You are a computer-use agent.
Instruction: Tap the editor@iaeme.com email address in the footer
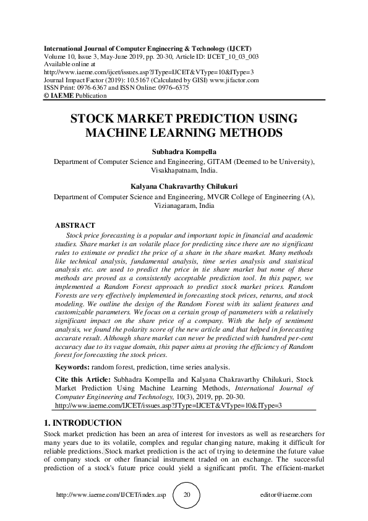(287, 496)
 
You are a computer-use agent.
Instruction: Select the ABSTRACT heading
(75, 225)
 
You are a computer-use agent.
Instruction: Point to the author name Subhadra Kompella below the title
(184, 152)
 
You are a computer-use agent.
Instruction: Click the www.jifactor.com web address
(237, 80)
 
